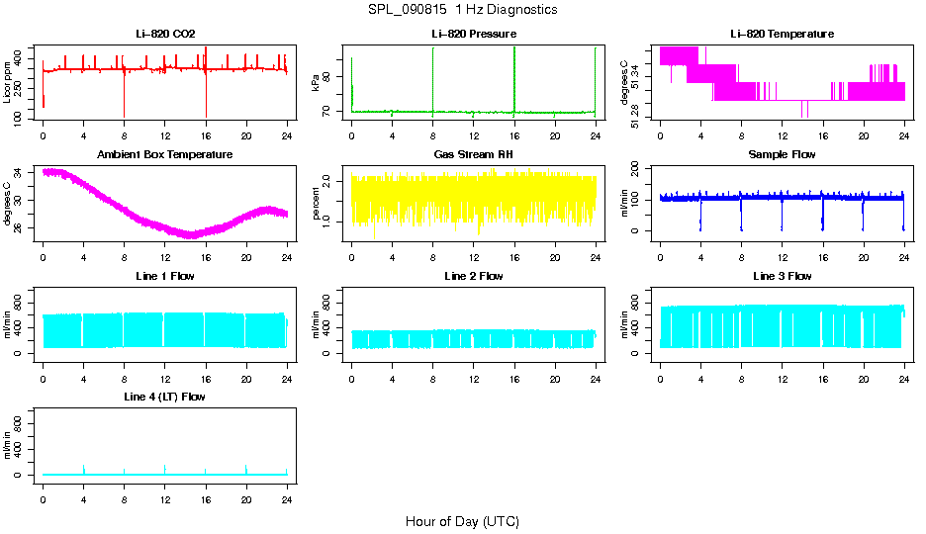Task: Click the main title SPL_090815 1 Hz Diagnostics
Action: click(461, 10)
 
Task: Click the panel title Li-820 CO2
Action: click(165, 35)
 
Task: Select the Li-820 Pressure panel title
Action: click(474, 35)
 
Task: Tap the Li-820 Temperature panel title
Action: click(782, 35)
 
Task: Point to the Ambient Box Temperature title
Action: click(165, 155)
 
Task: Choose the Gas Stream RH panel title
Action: click(474, 155)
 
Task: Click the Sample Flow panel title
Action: click(782, 155)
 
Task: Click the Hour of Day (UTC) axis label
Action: click(462, 521)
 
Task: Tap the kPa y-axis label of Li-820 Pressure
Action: click(316, 84)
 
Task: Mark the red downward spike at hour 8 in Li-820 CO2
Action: click(125, 99)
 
